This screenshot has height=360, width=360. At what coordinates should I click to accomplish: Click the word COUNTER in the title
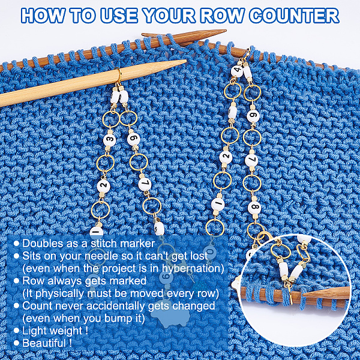point(294,16)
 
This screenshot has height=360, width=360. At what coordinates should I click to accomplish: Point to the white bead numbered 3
point(110,140)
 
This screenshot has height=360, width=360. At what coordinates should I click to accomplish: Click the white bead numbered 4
point(237,70)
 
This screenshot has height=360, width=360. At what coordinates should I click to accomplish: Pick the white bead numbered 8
point(254,208)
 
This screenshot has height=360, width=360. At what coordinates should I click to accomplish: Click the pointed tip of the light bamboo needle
point(186,61)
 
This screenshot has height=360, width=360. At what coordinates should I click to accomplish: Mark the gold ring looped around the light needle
point(118,76)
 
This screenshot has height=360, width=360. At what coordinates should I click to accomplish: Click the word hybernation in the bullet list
point(193,268)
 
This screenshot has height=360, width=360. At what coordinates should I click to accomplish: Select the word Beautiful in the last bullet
point(44,343)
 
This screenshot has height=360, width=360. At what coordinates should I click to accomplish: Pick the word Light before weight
point(35,331)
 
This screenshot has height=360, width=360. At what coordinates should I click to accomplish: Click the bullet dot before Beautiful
point(16,343)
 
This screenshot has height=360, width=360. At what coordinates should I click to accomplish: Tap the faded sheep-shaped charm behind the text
point(169,314)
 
